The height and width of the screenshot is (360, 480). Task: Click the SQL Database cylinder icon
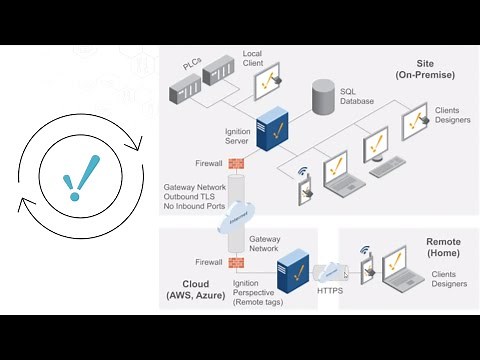tap(323, 96)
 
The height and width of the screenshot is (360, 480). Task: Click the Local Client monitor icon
tap(265, 81)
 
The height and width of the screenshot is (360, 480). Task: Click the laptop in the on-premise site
tap(335, 178)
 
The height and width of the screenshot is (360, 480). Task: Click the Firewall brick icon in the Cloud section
tap(237, 263)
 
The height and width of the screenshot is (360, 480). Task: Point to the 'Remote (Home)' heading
tap(443, 248)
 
